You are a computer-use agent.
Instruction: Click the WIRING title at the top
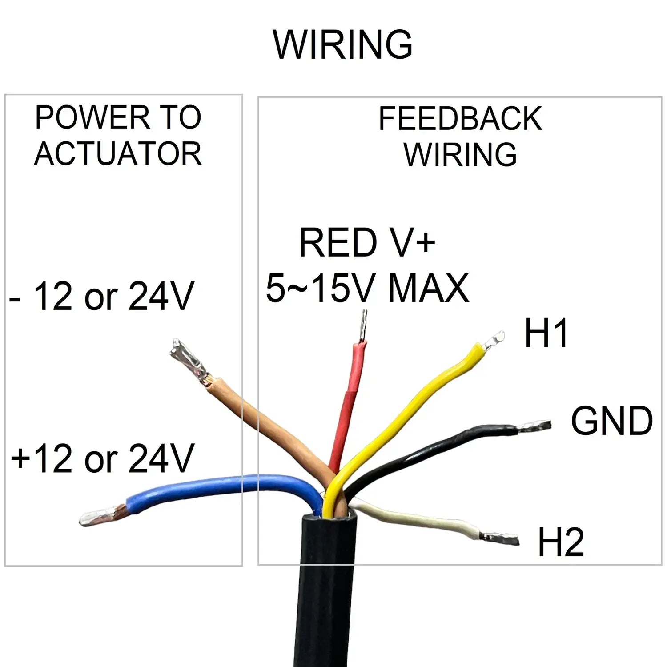(342, 44)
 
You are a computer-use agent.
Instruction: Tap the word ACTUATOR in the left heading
(118, 154)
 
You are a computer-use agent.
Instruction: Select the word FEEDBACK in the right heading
(460, 119)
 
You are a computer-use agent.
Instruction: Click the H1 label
(546, 333)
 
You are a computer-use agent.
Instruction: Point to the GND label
(611, 421)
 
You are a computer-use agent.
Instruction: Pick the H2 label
(560, 542)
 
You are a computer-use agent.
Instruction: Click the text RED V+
(367, 243)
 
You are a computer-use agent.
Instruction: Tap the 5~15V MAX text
(367, 288)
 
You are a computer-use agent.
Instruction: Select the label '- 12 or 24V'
(102, 297)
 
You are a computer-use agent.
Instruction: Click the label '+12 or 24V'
(102, 458)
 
